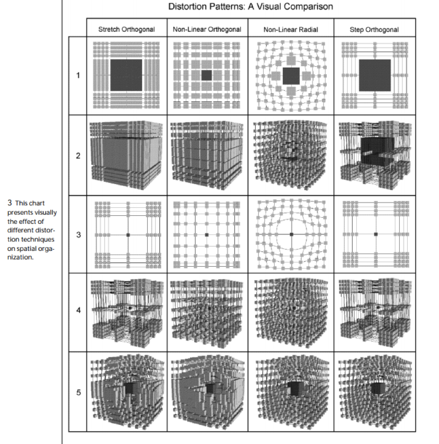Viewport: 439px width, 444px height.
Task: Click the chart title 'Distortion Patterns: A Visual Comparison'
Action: click(x=250, y=7)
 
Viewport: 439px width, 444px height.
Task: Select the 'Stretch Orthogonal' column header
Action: click(x=126, y=29)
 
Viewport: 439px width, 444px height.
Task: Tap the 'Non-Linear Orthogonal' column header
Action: click(x=207, y=29)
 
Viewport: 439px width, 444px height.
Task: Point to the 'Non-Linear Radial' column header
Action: click(x=290, y=29)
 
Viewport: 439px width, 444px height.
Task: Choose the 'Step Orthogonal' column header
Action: click(x=374, y=29)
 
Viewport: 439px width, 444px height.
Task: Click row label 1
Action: click(x=78, y=76)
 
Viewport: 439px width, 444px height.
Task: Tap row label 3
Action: click(x=78, y=234)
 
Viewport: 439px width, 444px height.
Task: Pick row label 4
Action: click(x=78, y=311)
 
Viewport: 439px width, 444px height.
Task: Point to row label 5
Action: click(x=78, y=392)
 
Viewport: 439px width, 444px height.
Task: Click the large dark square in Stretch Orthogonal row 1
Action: click(x=126, y=75)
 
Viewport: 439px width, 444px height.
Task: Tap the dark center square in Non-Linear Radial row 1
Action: click(x=291, y=76)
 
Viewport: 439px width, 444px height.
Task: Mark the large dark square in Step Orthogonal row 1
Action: click(x=375, y=75)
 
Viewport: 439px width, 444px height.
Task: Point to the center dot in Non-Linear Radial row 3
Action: click(x=291, y=234)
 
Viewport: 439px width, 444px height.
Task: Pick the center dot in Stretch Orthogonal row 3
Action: click(x=128, y=234)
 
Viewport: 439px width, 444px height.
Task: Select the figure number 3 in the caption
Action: click(x=10, y=203)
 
